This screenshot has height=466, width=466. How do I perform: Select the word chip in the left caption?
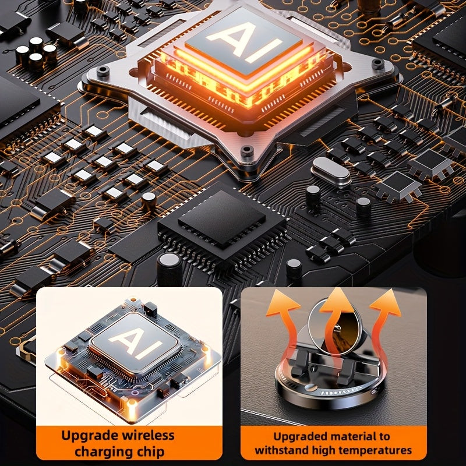pyautogui.click(x=151, y=452)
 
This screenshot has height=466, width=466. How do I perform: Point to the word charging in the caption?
pyautogui.click(x=104, y=452)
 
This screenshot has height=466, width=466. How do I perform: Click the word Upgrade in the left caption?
pyautogui.click(x=90, y=436)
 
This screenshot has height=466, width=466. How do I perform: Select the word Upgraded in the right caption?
pyautogui.click(x=301, y=437)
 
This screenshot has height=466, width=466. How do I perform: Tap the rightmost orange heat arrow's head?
pyautogui.click(x=386, y=302)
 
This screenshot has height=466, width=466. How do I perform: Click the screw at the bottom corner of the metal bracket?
pyautogui.click(x=246, y=150)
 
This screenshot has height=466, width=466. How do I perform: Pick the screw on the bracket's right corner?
pyautogui.click(x=377, y=63)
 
